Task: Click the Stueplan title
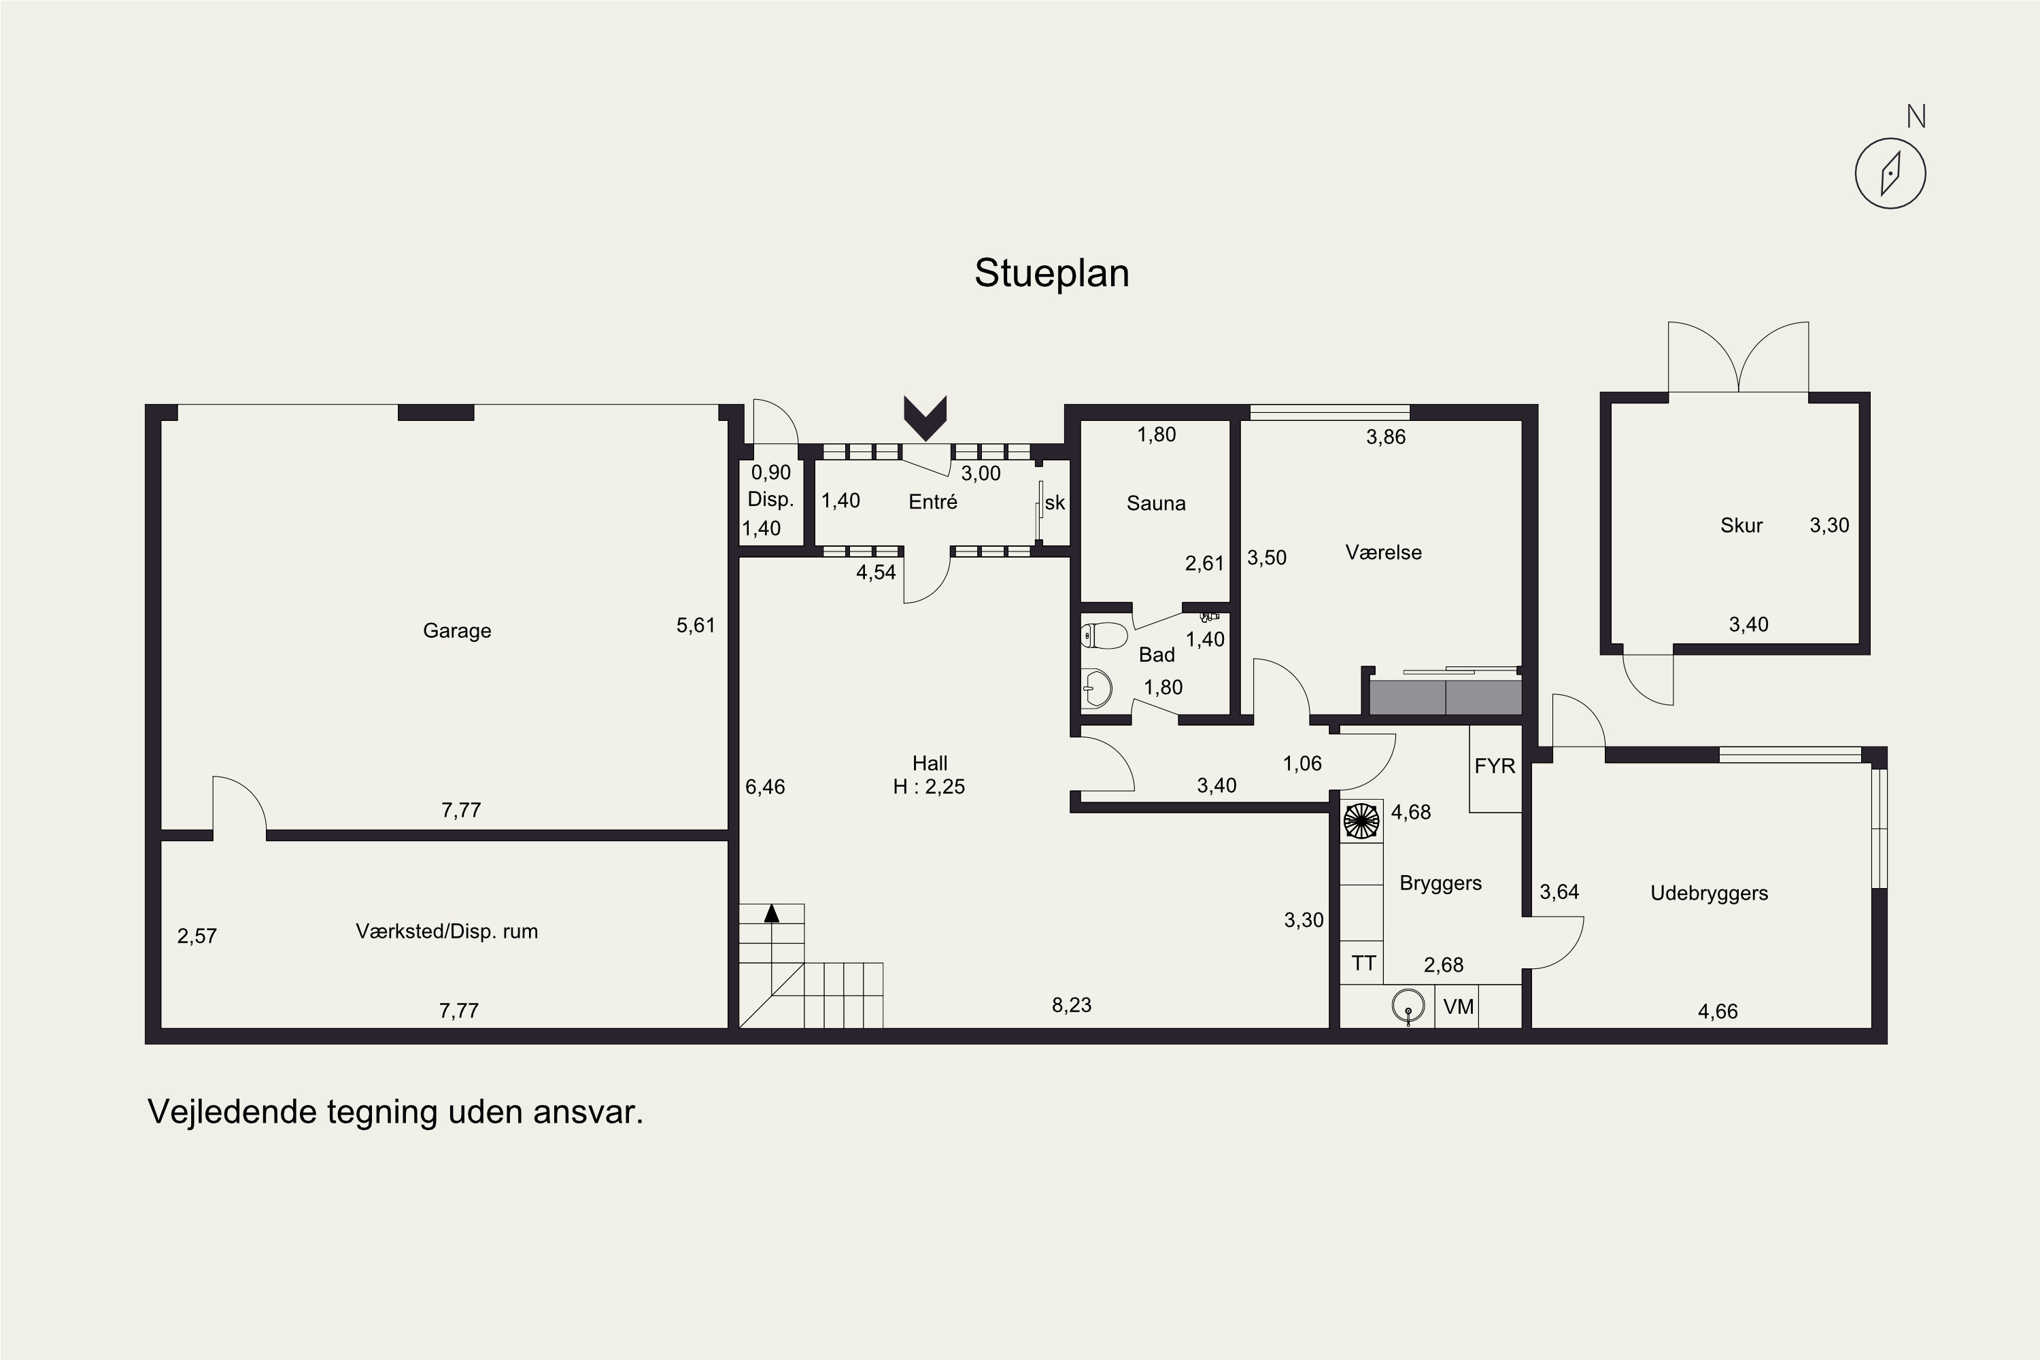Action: [x=1051, y=274]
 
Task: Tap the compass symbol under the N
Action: [x=1891, y=173]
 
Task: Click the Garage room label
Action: [x=457, y=630]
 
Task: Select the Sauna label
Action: [x=1156, y=503]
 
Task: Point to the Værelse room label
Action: [x=1383, y=552]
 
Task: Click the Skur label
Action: [x=1741, y=525]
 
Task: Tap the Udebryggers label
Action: [x=1709, y=894]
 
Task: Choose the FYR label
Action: [x=1495, y=766]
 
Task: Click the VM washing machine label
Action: [x=1459, y=1006]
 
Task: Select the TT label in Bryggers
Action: [x=1363, y=963]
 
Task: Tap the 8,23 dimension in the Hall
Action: [x=1071, y=1004]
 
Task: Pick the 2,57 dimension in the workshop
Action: [x=197, y=936]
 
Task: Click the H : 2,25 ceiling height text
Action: [x=929, y=786]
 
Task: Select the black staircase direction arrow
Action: [x=771, y=913]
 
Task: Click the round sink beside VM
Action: [x=1408, y=1006]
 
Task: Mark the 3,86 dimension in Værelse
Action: [x=1386, y=437]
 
